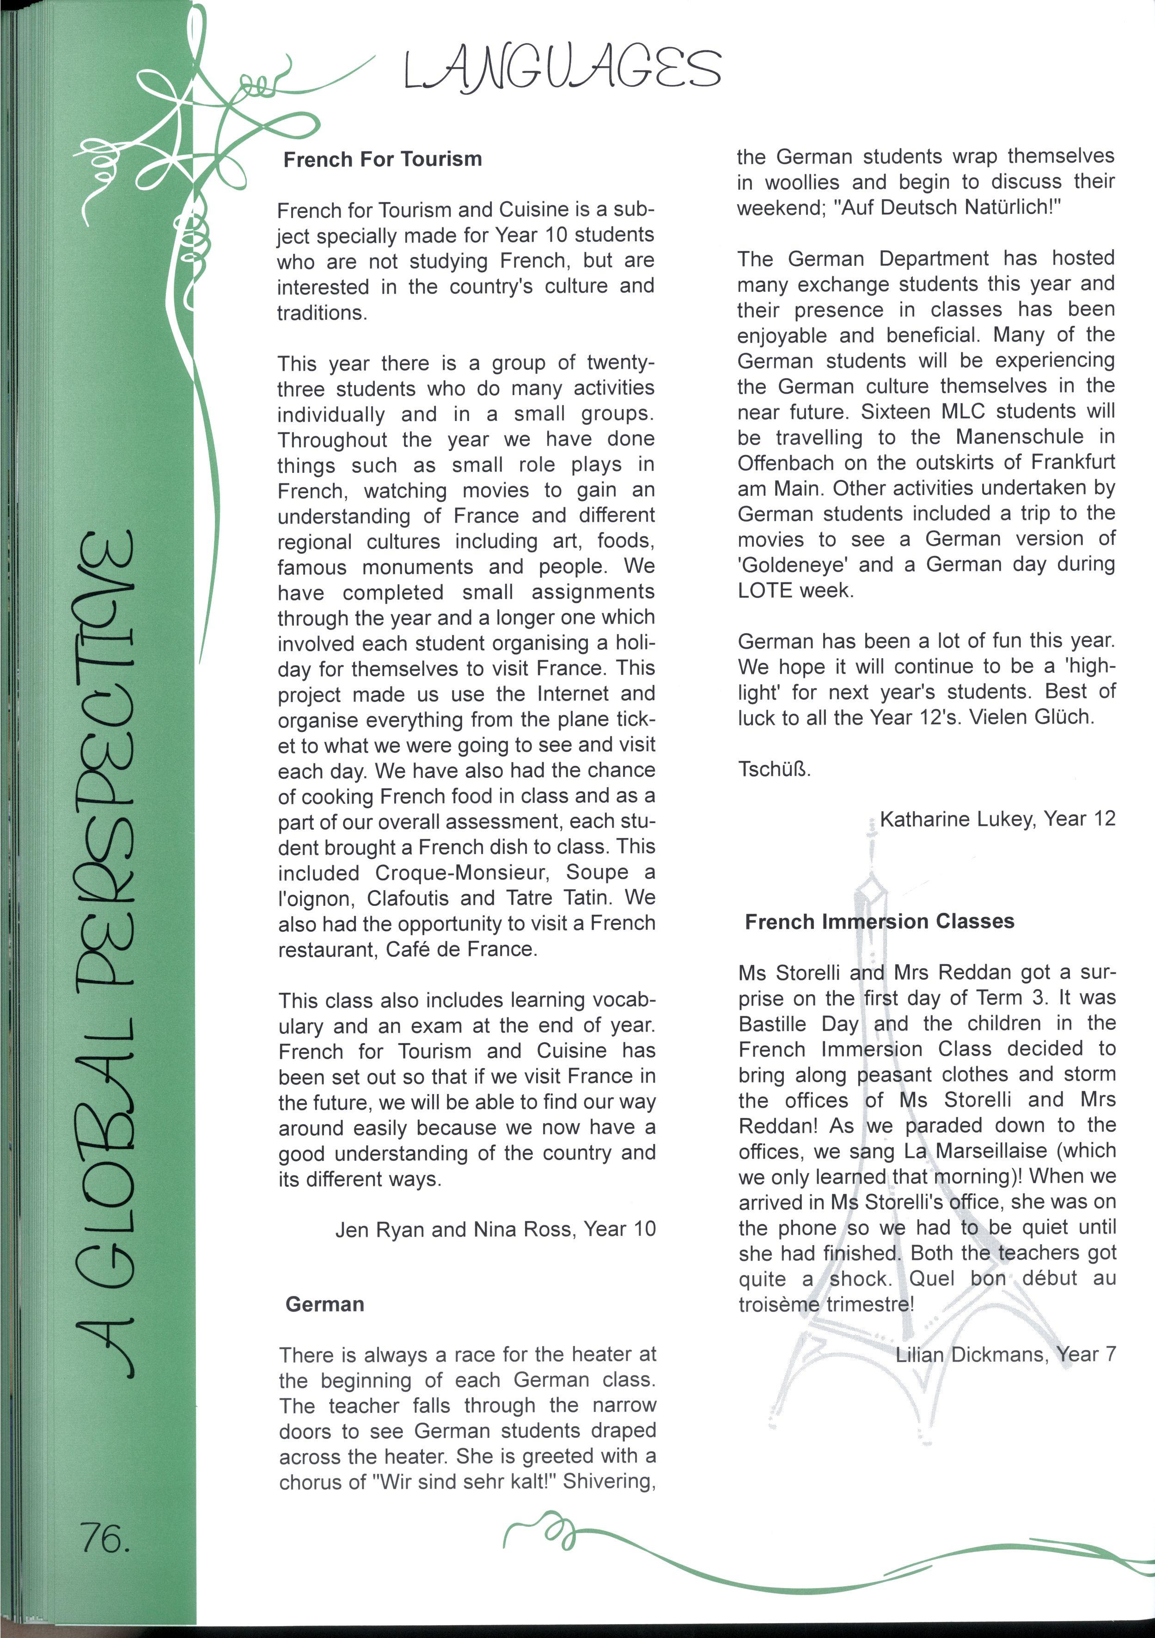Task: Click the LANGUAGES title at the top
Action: [x=562, y=69]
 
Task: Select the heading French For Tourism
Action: [x=382, y=159]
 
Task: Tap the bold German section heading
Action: [x=324, y=1304]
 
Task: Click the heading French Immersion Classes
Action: [x=879, y=922]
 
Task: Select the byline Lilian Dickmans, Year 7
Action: [x=1005, y=1354]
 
